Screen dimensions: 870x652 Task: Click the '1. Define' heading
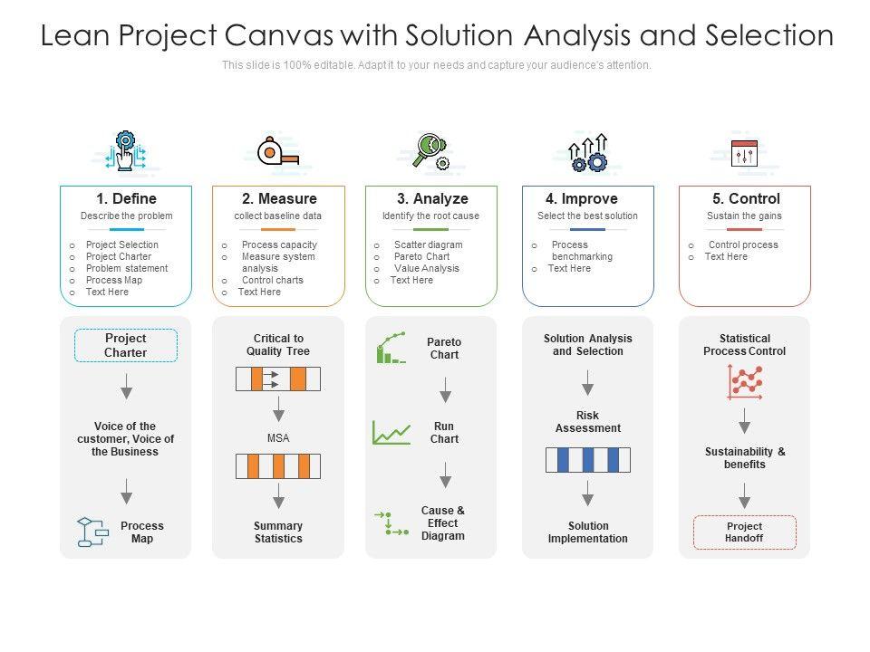coord(126,198)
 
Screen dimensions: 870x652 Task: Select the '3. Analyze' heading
coord(431,198)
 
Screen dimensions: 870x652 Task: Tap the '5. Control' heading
coord(745,198)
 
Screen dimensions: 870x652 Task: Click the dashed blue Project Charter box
coord(126,345)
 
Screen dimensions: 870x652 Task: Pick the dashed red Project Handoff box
coord(744,532)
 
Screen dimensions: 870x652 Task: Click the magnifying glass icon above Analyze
coord(430,150)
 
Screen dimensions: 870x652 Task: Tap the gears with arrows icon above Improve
coord(587,152)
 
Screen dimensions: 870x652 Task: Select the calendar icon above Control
coord(744,151)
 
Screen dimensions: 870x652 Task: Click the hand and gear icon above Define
coord(125,151)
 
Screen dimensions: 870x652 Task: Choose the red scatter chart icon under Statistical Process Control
coord(745,383)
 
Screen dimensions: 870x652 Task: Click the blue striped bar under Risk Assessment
coord(587,460)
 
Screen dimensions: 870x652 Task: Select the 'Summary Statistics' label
coord(278,532)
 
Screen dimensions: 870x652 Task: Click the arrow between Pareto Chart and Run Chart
coord(445,390)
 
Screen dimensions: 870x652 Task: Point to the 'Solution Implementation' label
coord(587,532)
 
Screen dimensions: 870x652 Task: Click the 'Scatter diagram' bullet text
coord(428,244)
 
